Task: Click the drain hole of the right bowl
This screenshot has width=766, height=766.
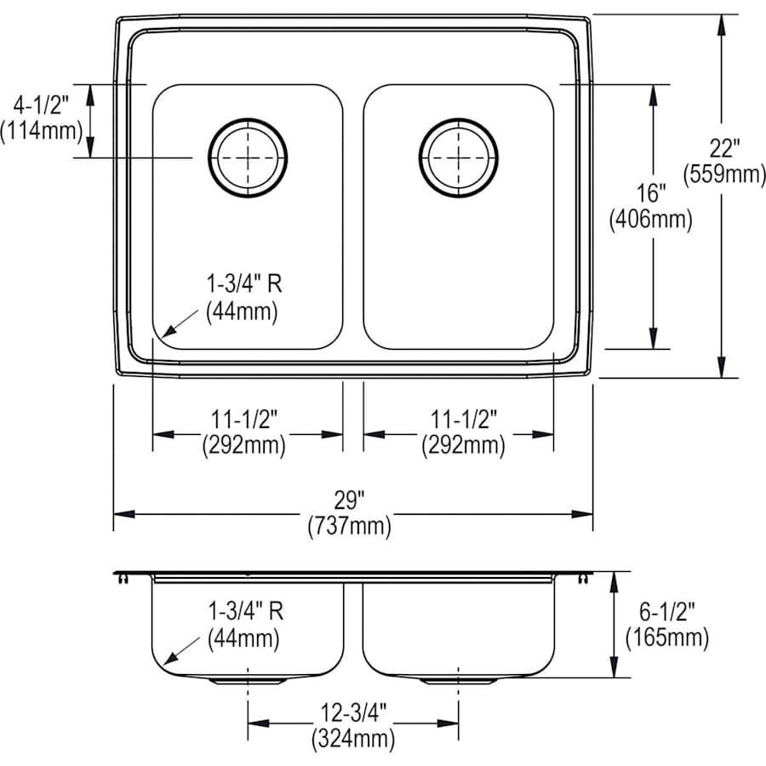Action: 459,157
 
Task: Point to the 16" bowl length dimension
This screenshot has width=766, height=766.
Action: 650,192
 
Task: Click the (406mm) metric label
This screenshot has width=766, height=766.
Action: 650,220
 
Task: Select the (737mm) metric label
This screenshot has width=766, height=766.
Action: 349,526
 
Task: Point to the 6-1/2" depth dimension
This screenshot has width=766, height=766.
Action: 667,610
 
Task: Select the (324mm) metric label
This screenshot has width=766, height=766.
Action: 352,737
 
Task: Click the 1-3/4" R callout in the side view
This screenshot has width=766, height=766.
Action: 243,610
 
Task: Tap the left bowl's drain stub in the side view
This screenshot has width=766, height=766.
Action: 248,681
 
